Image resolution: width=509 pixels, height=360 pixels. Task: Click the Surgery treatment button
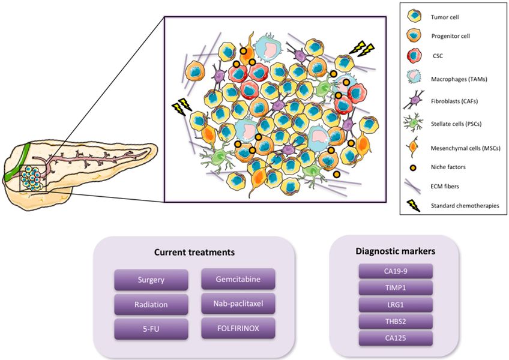click(150, 280)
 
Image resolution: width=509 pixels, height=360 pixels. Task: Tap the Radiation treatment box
click(150, 304)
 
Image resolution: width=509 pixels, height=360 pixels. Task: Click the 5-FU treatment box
click(150, 329)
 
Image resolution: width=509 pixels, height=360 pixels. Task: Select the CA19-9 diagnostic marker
click(395, 271)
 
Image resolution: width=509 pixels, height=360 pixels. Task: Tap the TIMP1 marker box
click(395, 288)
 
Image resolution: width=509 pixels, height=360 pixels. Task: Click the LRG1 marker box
click(395, 305)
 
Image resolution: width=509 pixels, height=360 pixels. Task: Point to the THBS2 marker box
click(395, 322)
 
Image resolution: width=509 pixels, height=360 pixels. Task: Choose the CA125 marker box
click(395, 339)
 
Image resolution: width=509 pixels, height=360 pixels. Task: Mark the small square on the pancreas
click(32, 178)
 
